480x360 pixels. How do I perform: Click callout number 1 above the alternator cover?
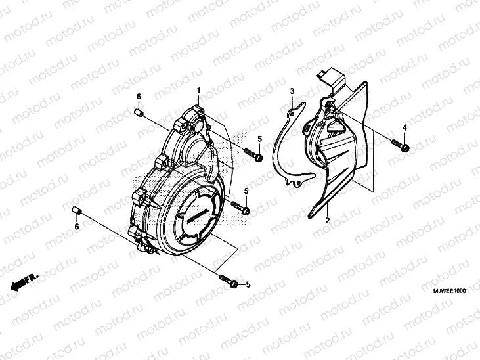[198, 89]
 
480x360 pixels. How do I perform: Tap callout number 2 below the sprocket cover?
[327, 221]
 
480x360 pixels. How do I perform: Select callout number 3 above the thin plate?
[293, 91]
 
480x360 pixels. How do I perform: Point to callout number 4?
[404, 127]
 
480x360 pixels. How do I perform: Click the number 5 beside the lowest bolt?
[248, 284]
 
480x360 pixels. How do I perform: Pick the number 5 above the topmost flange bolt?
[259, 139]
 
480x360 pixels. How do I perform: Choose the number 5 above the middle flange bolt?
[247, 191]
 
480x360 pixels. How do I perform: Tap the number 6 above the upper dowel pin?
[139, 97]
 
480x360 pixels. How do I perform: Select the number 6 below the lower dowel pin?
[76, 227]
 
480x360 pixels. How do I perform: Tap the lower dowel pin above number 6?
[76, 210]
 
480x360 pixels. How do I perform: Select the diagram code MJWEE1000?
[449, 290]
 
